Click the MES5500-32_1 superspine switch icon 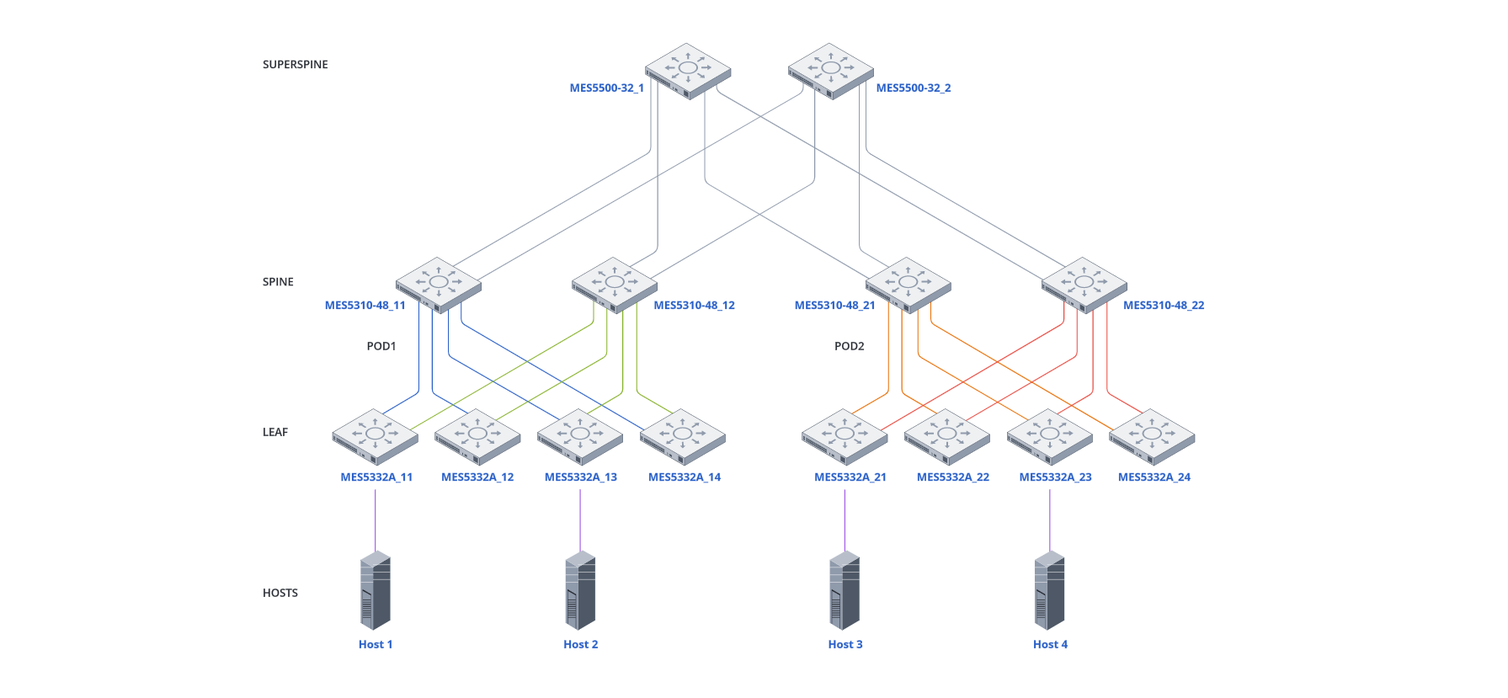pos(688,70)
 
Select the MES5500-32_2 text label pos(913,88)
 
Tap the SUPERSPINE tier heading pos(295,65)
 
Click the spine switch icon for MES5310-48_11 pos(438,284)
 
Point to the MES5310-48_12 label pos(694,306)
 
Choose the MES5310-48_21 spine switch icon pos(908,284)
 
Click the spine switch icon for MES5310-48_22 pos(1084,284)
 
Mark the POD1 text pos(381,346)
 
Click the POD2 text pos(849,346)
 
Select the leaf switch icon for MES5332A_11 pos(375,436)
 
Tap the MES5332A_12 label pos(477,477)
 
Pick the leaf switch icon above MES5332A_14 pos(682,436)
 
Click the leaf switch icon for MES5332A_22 pos(946,436)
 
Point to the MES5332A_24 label pos(1154,477)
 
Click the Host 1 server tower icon pos(375,590)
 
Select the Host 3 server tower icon pos(845,590)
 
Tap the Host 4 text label pos(1050,644)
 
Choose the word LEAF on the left pos(274,432)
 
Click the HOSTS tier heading pos(280,593)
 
